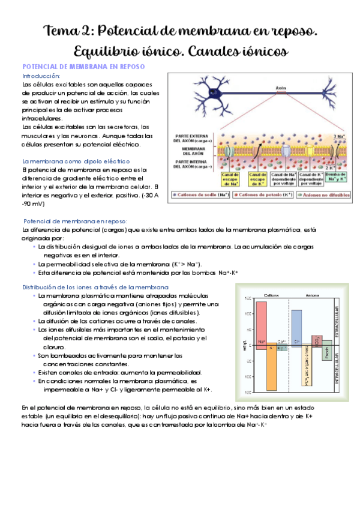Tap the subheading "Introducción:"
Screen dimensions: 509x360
41,76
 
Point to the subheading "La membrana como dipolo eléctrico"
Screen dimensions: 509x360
76,161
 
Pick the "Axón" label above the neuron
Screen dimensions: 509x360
281,88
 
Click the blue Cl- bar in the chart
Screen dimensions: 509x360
296,328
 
